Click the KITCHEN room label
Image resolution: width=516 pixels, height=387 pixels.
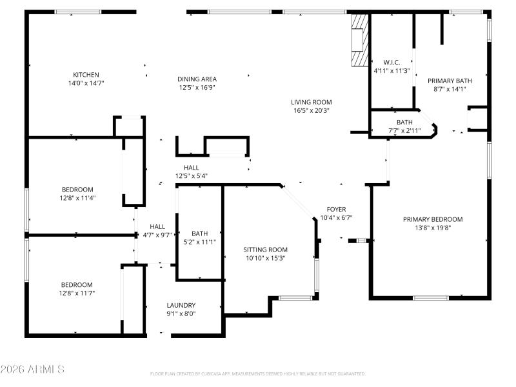[86, 74]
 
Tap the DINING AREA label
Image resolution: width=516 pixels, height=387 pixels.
[197, 79]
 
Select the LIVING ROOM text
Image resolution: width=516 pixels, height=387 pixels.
[311, 102]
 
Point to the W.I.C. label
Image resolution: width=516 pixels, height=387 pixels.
[392, 63]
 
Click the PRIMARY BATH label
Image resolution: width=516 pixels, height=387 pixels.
[450, 81]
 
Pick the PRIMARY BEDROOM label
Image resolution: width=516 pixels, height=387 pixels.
[433, 219]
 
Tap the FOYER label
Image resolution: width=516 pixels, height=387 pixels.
[336, 210]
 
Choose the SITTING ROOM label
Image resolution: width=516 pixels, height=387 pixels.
[265, 250]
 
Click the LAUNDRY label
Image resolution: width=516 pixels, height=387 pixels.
[181, 306]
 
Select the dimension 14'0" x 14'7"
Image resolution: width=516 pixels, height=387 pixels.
[86, 83]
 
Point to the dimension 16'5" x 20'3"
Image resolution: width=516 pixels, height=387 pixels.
[311, 110]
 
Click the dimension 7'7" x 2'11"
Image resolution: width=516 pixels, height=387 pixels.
[404, 131]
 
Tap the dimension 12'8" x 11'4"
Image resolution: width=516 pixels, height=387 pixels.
[77, 198]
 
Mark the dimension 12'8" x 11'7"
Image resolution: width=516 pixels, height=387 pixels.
[77, 293]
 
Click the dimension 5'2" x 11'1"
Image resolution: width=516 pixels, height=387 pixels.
[199, 242]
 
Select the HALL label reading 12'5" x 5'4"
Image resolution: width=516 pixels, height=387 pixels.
[191, 175]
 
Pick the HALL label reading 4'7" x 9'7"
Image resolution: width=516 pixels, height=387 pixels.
[157, 235]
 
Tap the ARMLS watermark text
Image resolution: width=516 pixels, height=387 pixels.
[32, 370]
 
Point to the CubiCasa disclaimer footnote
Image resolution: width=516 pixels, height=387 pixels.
[257, 373]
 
